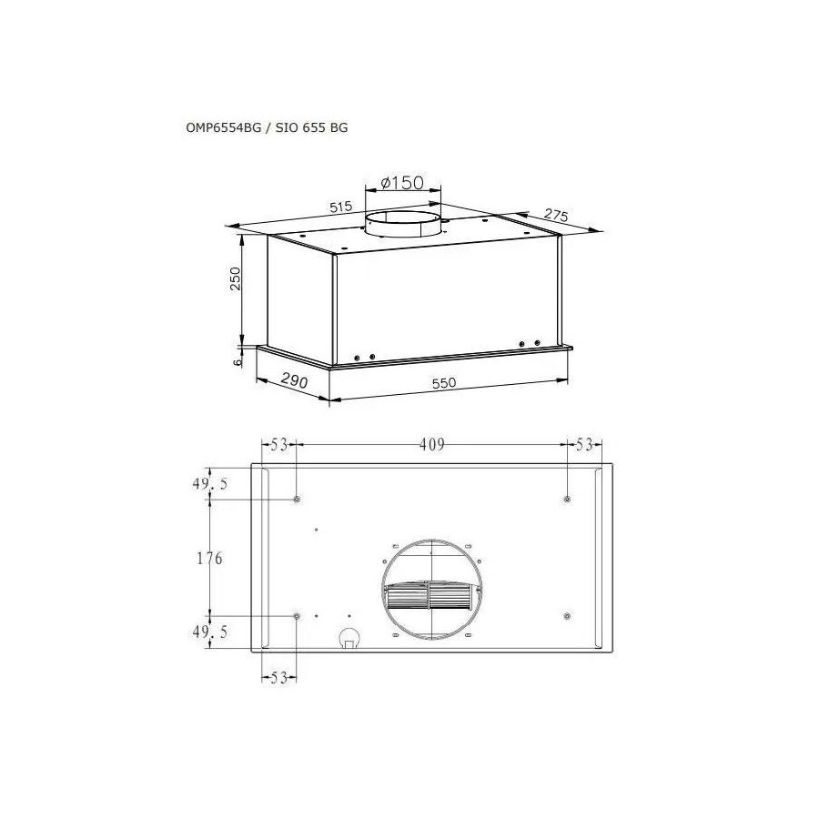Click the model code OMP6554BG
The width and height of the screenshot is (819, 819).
click(221, 128)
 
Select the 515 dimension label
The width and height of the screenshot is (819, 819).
click(340, 207)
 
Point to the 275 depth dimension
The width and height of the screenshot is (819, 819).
click(556, 216)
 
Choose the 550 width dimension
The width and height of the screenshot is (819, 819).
click(443, 383)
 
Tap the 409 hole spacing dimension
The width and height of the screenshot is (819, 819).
click(431, 445)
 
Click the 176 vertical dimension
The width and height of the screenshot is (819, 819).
click(209, 558)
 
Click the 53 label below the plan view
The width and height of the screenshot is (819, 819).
click(278, 677)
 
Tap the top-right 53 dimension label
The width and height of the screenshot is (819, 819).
click(583, 445)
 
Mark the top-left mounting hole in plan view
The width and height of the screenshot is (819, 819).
click(298, 500)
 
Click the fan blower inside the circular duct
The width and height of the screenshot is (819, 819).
click(429, 597)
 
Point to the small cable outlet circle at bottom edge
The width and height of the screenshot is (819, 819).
click(348, 639)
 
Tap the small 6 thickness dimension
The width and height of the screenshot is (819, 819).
click(237, 360)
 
